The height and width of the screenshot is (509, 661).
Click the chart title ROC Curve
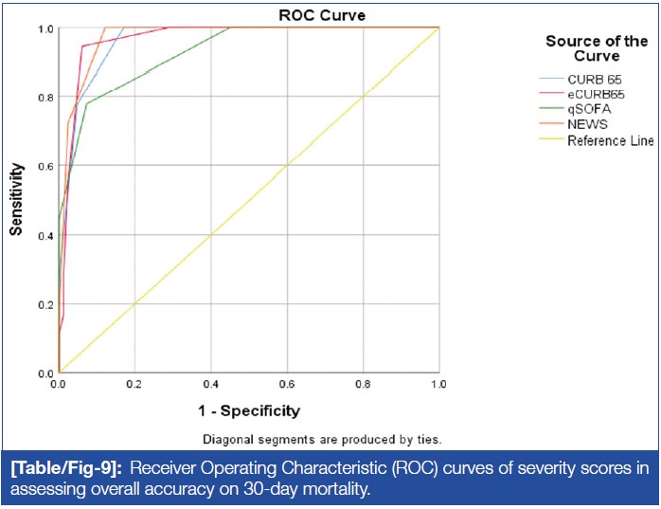tap(321, 15)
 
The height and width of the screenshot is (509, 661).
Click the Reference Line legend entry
tap(610, 140)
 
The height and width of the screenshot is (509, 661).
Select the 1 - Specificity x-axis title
tap(248, 411)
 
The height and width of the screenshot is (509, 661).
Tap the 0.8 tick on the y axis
tap(45, 97)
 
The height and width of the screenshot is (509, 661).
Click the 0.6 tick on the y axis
tap(45, 166)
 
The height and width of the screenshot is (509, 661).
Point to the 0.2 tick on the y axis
tap(45, 304)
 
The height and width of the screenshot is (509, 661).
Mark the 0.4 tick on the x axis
tap(211, 386)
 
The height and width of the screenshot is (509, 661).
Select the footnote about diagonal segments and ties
tap(323, 439)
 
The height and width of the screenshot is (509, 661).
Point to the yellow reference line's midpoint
tap(249, 200)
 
